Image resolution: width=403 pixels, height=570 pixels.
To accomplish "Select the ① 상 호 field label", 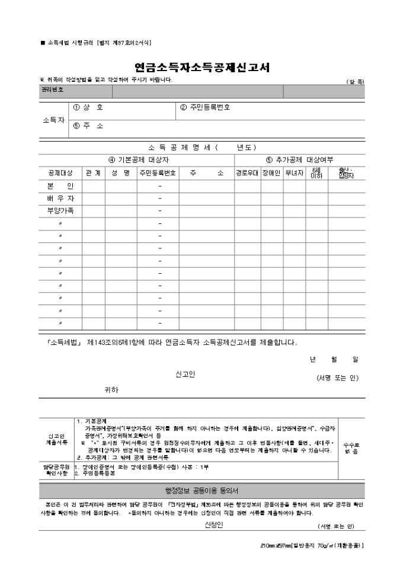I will point(88,108).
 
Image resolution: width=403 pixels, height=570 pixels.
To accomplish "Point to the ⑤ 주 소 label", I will point(88,126).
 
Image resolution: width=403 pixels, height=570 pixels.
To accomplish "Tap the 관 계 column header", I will point(94,173).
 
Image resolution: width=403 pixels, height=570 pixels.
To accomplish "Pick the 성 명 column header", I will point(121,173).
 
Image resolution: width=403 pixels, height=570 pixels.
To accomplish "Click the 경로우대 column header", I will point(247,173).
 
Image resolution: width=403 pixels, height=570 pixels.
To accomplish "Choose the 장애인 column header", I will point(271,173).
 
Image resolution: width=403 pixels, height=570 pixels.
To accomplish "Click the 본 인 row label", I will point(60,186).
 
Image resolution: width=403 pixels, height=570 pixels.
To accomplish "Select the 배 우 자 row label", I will point(60,198).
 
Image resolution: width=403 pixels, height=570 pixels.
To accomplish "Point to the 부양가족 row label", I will point(60,210).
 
